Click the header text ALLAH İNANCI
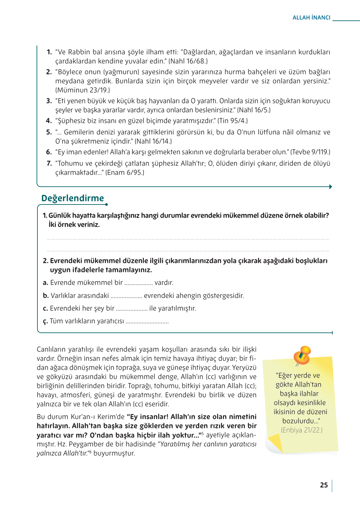click(311, 18)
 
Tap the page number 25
click(324, 485)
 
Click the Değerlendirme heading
click(73, 198)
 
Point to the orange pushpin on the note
click(302, 355)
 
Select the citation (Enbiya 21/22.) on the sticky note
click(301, 430)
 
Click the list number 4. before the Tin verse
click(49, 121)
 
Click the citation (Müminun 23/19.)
click(83, 90)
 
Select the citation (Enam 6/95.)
click(125, 173)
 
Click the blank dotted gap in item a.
click(138, 283)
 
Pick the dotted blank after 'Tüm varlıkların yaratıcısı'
click(147, 322)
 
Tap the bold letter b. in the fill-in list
click(46, 296)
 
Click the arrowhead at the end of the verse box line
click(330, 187)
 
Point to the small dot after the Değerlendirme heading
click(106, 205)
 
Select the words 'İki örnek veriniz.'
click(74, 225)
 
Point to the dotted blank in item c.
click(132, 309)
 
